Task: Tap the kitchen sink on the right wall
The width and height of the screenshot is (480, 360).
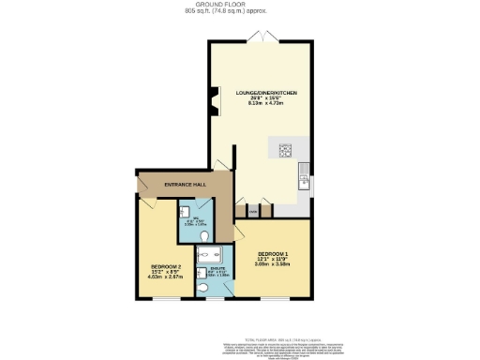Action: click(305, 174)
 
